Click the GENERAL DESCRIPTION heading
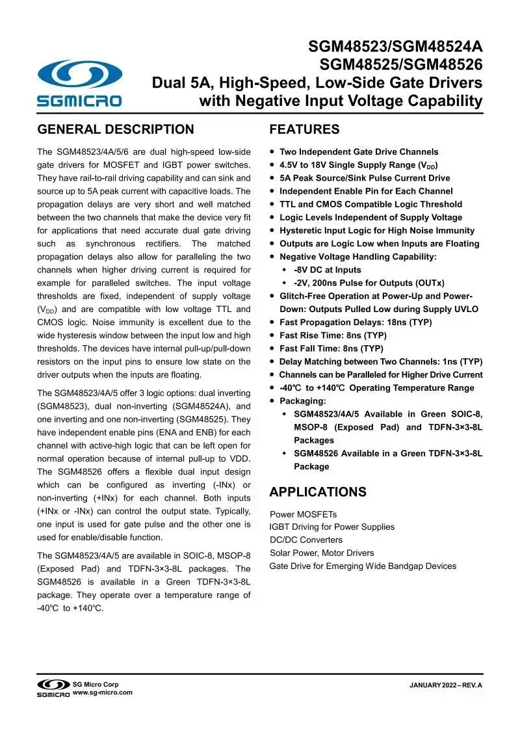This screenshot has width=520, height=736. (116, 129)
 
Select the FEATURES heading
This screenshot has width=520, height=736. (304, 129)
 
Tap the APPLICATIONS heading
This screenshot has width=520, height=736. (318, 492)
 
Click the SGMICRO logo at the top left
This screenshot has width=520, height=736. (79, 83)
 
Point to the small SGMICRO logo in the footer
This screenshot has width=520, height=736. (53, 688)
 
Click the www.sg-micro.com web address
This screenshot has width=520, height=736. (103, 692)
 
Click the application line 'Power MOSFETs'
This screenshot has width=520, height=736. (304, 514)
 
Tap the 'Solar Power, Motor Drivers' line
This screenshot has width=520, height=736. (322, 553)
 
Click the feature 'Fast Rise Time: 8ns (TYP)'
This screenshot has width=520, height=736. (333, 335)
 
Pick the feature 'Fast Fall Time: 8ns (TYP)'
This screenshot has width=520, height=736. (331, 348)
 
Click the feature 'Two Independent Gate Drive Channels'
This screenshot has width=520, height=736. (359, 152)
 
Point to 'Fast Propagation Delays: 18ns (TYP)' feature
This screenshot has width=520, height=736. (356, 322)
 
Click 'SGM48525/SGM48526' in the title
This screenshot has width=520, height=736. (400, 65)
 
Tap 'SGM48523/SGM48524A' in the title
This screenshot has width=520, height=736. (395, 47)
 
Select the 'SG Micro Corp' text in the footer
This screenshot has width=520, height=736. (96, 684)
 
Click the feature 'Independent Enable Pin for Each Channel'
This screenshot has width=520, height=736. (366, 191)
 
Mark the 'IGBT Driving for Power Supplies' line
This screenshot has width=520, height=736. (332, 527)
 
